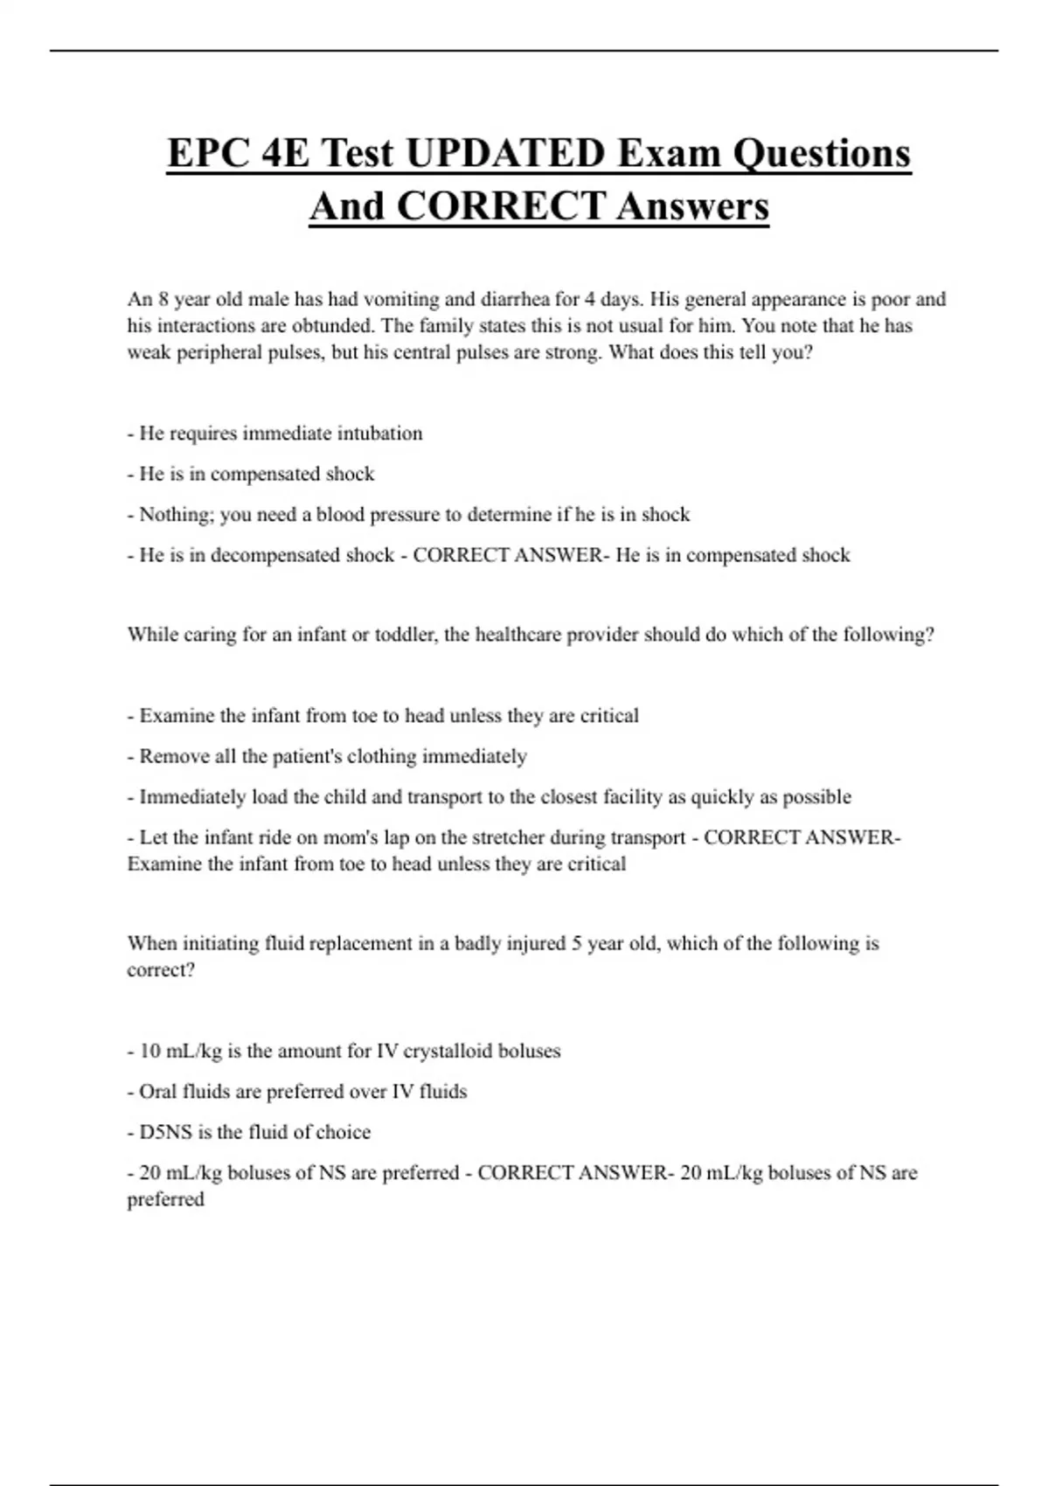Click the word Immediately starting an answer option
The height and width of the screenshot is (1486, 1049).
[x=192, y=797]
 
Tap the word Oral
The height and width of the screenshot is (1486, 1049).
[x=158, y=1092]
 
